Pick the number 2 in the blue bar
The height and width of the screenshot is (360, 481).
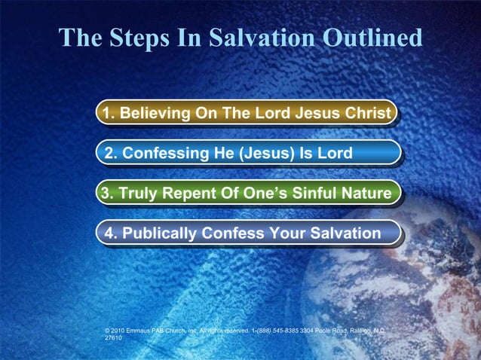point(109,154)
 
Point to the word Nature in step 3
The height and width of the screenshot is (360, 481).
point(367,194)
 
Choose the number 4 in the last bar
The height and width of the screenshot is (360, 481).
point(109,233)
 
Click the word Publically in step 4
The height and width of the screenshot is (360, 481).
point(158,233)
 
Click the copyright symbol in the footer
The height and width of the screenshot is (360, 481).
point(109,330)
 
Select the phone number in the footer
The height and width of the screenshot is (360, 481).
point(276,330)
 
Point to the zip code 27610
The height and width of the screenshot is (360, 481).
point(113,338)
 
